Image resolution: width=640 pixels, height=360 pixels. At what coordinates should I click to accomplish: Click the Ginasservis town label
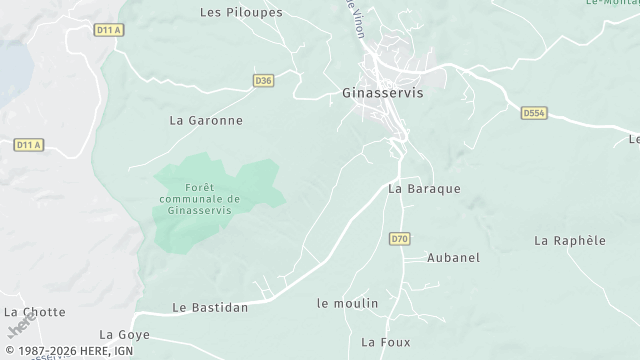click(x=376, y=93)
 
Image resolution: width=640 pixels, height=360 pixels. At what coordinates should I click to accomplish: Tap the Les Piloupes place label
click(x=241, y=13)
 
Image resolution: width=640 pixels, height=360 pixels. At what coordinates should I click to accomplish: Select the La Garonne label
click(x=206, y=121)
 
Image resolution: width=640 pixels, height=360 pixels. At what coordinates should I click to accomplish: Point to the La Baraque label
click(x=424, y=188)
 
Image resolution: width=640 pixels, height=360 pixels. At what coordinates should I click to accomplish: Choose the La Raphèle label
click(x=570, y=240)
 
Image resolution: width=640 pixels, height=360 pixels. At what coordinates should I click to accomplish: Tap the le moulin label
click(x=347, y=303)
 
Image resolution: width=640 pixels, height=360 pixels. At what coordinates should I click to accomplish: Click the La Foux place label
click(x=384, y=342)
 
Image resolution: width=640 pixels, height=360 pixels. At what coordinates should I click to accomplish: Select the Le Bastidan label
click(x=210, y=308)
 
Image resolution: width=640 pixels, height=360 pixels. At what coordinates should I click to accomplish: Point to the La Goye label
click(x=125, y=334)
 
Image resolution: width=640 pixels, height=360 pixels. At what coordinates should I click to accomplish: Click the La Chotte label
click(x=34, y=312)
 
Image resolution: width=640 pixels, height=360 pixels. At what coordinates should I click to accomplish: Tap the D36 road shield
click(x=263, y=81)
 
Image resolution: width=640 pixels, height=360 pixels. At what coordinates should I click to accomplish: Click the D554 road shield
click(x=534, y=114)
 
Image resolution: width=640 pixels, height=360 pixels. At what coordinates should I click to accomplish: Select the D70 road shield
click(x=400, y=238)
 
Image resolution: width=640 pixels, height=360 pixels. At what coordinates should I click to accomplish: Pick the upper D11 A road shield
click(x=109, y=30)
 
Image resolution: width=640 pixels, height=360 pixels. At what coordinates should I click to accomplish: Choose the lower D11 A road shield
click(x=29, y=145)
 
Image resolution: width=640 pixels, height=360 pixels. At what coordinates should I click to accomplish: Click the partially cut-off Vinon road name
click(x=354, y=18)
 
